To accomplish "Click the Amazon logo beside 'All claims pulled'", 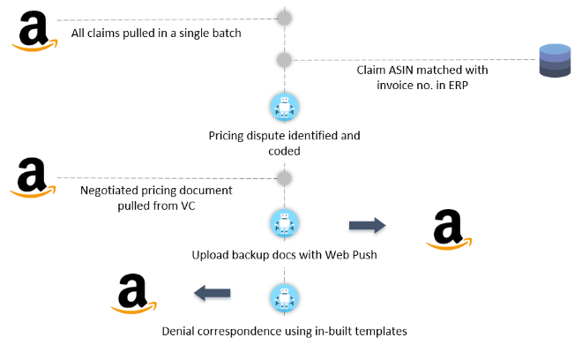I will [34, 32].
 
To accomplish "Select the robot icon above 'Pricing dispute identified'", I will [284, 108].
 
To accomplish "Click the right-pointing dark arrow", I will [367, 226].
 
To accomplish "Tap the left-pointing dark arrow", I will [213, 293].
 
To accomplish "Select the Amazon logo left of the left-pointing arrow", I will [133, 293].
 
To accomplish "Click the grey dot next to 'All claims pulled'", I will [285, 18].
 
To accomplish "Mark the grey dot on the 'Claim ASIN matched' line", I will [284, 60].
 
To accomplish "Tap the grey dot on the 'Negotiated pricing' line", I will [284, 178].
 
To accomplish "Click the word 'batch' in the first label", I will [223, 34].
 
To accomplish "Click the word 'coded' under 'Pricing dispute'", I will [284, 151].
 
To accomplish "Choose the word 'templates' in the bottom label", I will [377, 332].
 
